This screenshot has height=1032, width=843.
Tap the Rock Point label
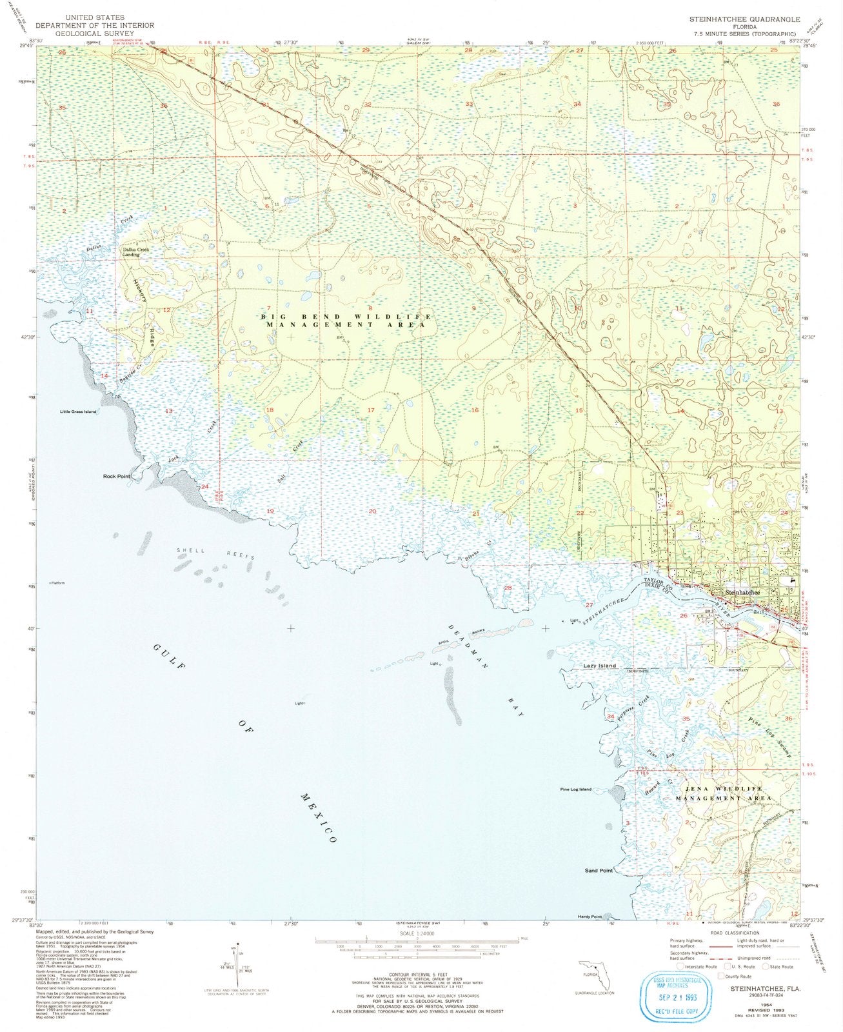117,476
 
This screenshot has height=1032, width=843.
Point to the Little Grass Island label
78,412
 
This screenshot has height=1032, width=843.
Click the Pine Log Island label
575,789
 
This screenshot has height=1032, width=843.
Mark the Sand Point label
599,871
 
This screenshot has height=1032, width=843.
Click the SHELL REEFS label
217,553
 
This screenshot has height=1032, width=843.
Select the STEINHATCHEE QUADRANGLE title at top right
744,19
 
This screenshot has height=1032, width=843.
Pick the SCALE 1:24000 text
417,933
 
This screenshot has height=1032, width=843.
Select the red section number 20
372,511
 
